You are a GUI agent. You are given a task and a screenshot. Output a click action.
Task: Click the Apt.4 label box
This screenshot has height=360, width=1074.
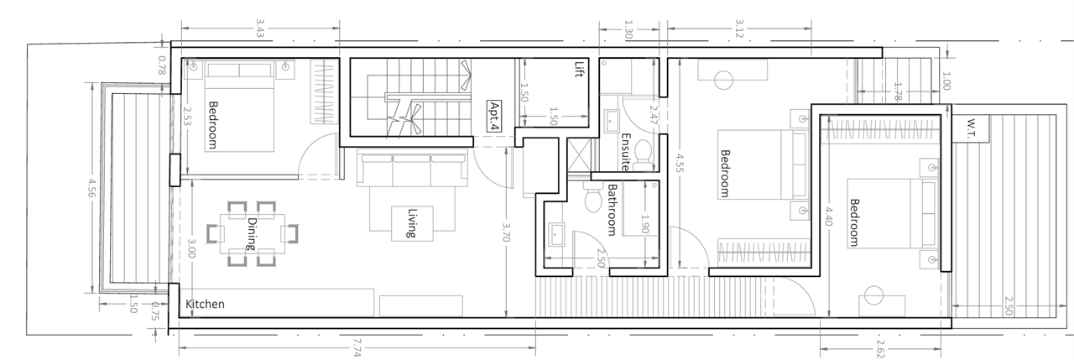click(494, 116)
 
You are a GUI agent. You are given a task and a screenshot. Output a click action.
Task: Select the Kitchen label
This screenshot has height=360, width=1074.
click(205, 304)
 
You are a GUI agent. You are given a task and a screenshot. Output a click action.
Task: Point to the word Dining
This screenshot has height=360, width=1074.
click(252, 234)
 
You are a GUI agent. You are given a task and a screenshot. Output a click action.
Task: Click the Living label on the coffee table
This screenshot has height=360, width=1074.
click(411, 223)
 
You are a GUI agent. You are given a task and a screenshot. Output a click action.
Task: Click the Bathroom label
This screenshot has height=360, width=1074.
click(612, 210)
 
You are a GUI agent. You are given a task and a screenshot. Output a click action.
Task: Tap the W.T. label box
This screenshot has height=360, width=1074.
click(971, 128)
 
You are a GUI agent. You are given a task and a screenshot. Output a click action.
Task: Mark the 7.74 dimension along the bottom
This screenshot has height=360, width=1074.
click(357, 347)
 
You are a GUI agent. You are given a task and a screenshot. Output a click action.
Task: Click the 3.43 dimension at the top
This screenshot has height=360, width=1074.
click(259, 29)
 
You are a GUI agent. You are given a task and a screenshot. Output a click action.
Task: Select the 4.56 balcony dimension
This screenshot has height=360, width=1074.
click(91, 187)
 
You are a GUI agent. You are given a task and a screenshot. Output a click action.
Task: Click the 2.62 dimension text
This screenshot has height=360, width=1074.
click(880, 348)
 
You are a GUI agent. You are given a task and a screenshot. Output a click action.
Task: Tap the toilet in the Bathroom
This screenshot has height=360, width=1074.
click(593, 197)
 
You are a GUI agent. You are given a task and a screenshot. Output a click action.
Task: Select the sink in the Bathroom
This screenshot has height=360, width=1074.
click(556, 235)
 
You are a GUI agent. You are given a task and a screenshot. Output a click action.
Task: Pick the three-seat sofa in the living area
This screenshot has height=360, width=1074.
click(412, 167)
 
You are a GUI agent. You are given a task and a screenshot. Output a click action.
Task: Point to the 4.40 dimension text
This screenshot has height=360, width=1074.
click(829, 216)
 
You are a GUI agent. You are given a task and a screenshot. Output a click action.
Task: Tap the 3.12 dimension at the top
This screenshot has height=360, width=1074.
click(739, 29)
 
